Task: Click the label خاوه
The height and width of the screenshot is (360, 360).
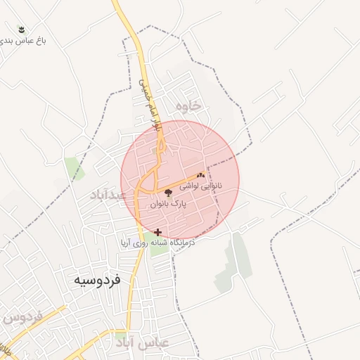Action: (189, 106)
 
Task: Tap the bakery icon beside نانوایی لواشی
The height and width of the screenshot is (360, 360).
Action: (201, 176)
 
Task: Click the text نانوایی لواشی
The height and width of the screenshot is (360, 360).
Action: (201, 187)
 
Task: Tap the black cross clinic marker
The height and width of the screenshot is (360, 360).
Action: (157, 231)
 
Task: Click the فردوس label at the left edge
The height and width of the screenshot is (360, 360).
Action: (19, 317)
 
